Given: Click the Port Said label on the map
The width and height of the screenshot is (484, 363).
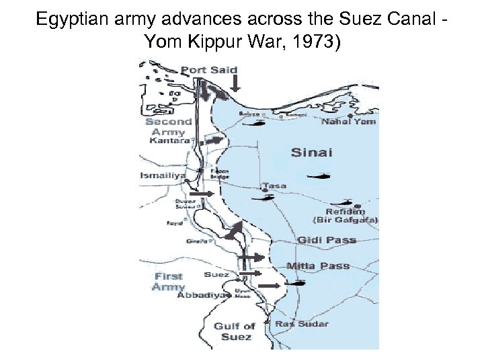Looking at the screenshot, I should [x=209, y=69].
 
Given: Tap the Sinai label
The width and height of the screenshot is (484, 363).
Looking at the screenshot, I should [x=311, y=153].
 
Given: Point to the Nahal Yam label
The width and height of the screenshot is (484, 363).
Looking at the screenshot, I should [x=348, y=122].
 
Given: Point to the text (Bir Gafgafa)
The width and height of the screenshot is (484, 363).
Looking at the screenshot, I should [x=346, y=220].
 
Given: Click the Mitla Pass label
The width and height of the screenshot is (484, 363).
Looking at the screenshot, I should [x=318, y=266].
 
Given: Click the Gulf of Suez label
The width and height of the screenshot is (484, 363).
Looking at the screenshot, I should [x=235, y=331].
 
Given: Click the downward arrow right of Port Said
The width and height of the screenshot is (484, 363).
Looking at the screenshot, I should [x=235, y=82].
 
